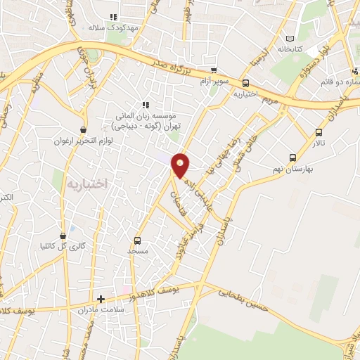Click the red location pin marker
coord(181,165)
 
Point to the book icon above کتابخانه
coord(290,38)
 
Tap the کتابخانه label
coord(290,50)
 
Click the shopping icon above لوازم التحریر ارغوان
coord(84,129)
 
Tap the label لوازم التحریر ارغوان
coord(84,141)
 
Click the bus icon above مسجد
coord(138,240)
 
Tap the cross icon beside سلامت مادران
coord(101,299)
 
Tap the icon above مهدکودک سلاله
coord(112,18)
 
